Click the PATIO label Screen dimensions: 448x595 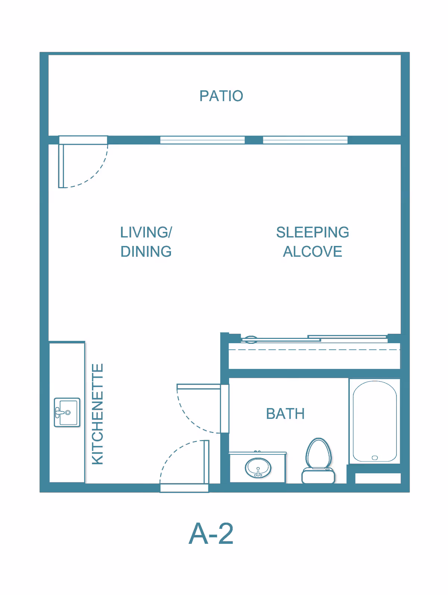pyautogui.click(x=221, y=96)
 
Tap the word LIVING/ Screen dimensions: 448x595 pyautogui.click(x=146, y=232)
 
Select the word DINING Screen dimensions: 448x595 pyautogui.click(x=146, y=252)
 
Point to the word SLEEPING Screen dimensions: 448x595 pyautogui.click(x=312, y=232)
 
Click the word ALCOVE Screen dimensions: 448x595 pyautogui.click(x=312, y=252)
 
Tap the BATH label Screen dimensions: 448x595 pyautogui.click(x=285, y=414)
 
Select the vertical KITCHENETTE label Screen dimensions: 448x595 pyautogui.click(x=97, y=414)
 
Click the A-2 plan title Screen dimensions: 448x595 pyautogui.click(x=211, y=533)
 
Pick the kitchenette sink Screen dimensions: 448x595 pyautogui.click(x=67, y=412)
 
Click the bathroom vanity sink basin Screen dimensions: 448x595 pyautogui.click(x=258, y=468)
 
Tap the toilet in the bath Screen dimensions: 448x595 pyautogui.click(x=318, y=461)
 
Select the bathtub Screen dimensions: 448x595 pyautogui.click(x=374, y=421)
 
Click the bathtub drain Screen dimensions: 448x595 pyautogui.click(x=374, y=458)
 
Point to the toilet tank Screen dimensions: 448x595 pyautogui.click(x=318, y=476)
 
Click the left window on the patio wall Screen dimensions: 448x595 pyautogui.click(x=202, y=140)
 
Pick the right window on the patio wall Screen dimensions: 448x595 pyautogui.click(x=305, y=140)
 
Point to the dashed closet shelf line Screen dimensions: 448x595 pyautogui.click(x=314, y=350)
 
